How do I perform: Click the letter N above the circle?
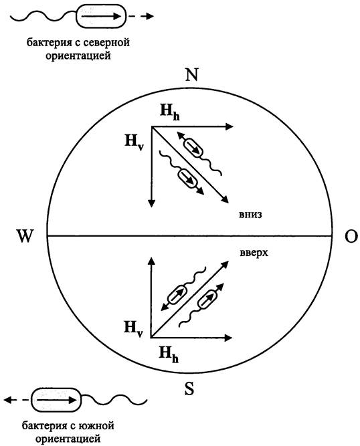coord(191,75)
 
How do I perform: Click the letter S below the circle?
coord(189,388)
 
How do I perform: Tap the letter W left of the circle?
coord(25,236)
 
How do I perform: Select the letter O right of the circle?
coord(351,236)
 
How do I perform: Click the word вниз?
coord(250,215)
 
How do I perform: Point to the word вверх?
coord(254,253)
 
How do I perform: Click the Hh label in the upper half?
coord(170,112)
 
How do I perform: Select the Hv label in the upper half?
coord(134,142)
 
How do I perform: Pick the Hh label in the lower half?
coord(169,354)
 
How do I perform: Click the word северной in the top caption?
coord(106,43)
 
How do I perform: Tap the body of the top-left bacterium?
coord(100,16)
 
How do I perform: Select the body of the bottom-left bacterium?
coord(56,400)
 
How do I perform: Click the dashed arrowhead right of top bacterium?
coord(149,16)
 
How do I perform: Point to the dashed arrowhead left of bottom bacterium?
coord(9,400)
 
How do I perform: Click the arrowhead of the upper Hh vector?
coord(229,127)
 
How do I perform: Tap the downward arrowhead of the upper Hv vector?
coord(151,203)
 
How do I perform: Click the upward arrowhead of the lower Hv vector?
coord(151,261)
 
